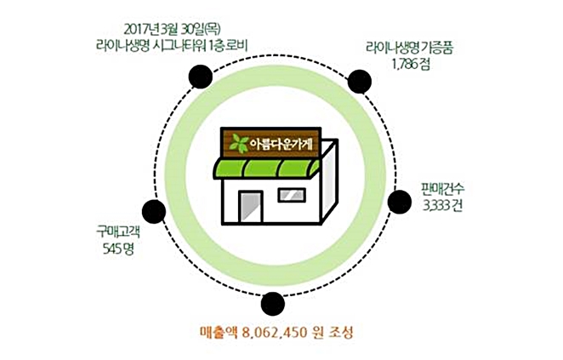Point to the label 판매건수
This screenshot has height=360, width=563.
(x=441, y=188)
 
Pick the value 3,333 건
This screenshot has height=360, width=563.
(x=441, y=204)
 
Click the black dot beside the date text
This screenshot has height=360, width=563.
(x=200, y=77)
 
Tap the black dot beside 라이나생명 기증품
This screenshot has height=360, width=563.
(x=361, y=82)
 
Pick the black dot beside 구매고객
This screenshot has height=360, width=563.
(x=153, y=211)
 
